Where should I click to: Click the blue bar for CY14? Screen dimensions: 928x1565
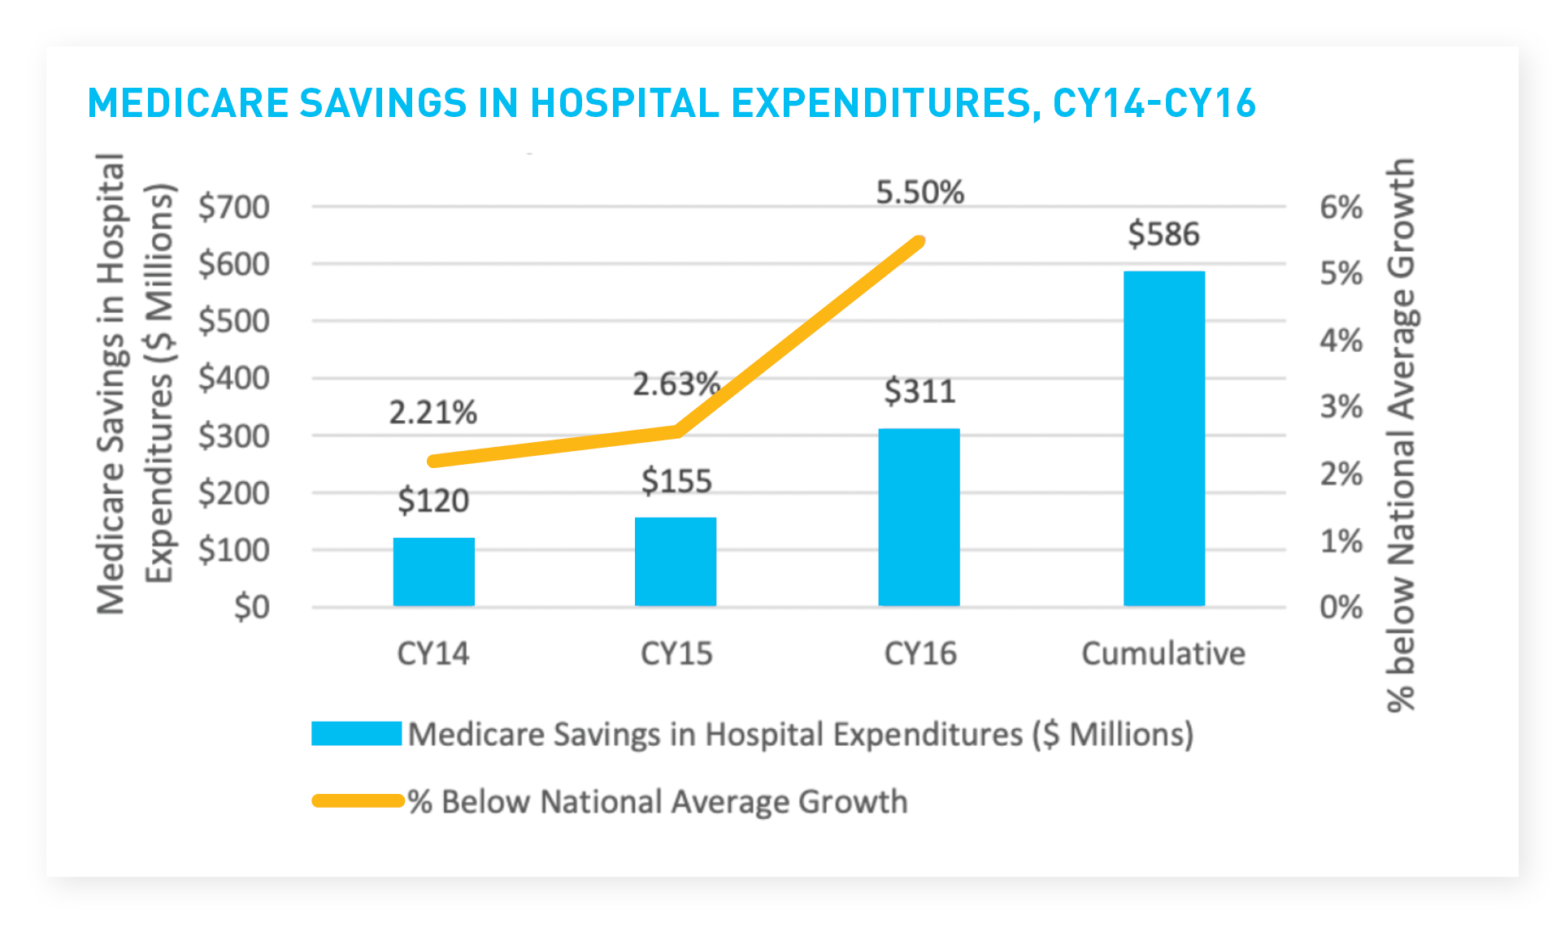433,572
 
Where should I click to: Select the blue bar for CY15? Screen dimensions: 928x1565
675,562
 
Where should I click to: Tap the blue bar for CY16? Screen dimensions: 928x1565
919,517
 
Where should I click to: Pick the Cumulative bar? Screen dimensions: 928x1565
1163,439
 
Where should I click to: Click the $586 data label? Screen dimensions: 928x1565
1163,234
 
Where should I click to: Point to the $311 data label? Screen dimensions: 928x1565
919,392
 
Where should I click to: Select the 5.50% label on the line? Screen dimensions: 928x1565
919,193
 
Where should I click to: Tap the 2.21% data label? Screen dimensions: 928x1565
433,413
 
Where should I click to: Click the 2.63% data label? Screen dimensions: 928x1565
676,384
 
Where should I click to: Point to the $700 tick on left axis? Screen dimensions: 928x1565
234,207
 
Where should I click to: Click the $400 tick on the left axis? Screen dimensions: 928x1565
234,378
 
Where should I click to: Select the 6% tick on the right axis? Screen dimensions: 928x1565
1341,207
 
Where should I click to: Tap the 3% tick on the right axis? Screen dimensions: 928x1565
1341,406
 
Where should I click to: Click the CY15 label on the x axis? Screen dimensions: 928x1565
676,653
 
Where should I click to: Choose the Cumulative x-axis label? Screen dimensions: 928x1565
1163,653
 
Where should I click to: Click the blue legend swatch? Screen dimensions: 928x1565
356,734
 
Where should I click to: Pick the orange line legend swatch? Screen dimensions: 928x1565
358,801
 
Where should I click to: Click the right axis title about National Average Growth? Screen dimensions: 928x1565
1400,435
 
